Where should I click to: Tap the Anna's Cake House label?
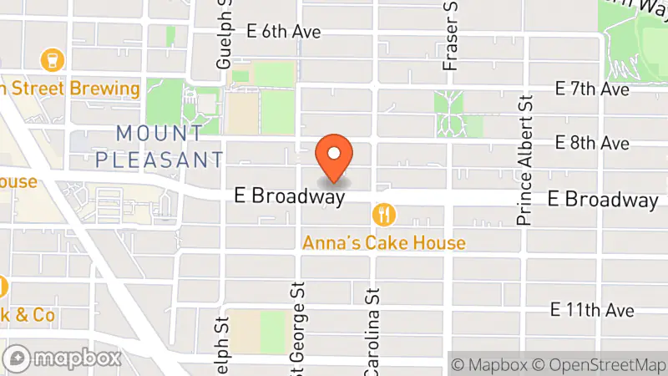pyautogui.click(x=384, y=243)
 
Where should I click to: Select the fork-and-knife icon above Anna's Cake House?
pyautogui.click(x=385, y=215)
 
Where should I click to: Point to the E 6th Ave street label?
pyautogui.click(x=285, y=31)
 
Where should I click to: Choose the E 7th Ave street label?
pyautogui.click(x=592, y=89)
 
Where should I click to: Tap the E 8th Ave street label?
pyautogui.click(x=592, y=144)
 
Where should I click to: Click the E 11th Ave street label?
pyautogui.click(x=592, y=310)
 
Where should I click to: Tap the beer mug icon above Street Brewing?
pyautogui.click(x=52, y=59)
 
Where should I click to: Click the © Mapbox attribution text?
pyautogui.click(x=491, y=364)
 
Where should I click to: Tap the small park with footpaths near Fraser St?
pyautogui.click(x=452, y=116)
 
